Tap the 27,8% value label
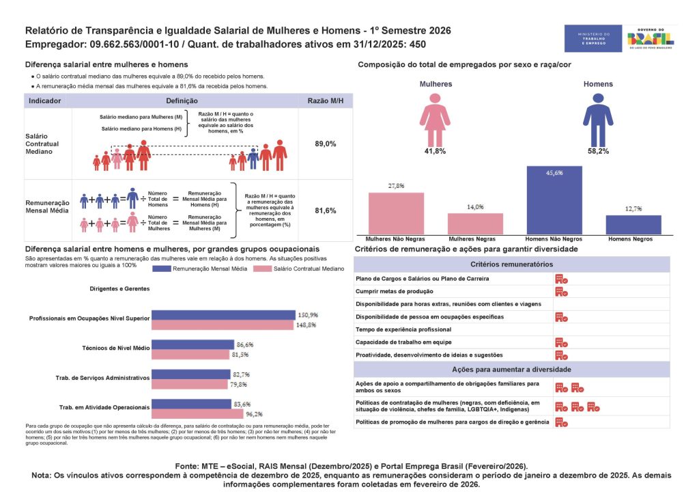(396, 186)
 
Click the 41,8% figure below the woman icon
(435, 151)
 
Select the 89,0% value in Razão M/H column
(325, 144)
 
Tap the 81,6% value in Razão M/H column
(325, 211)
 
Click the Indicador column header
(46, 100)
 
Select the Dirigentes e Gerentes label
(119, 288)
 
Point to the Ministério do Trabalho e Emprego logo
(593, 38)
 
